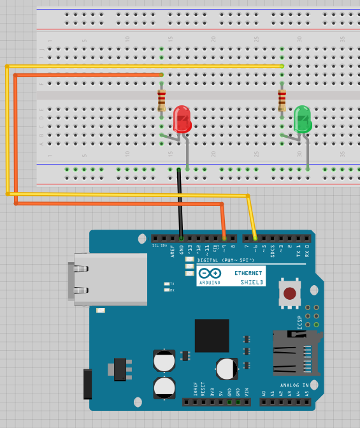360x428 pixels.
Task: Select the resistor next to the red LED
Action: point(162,100)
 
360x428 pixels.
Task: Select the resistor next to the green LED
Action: point(282,100)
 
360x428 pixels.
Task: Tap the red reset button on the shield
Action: point(290,293)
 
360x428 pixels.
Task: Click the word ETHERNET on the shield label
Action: point(248,272)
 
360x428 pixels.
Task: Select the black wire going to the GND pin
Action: point(180,201)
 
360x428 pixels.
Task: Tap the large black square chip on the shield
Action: point(212,336)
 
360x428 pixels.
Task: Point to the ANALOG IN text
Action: point(294,385)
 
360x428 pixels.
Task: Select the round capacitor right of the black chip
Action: point(227,369)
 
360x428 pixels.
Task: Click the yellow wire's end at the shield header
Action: point(255,237)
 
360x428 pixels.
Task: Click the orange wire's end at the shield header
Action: point(224,237)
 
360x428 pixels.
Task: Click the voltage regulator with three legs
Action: point(120,368)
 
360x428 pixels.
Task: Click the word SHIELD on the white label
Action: point(252,281)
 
